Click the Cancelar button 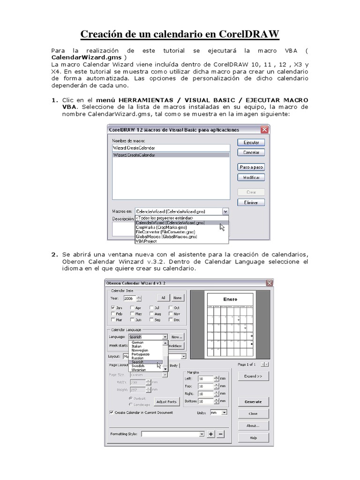(x=251, y=152)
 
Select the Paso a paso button (x=251, y=167)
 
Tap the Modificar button (x=251, y=178)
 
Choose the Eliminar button (x=251, y=202)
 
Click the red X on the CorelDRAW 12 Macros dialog (x=265, y=130)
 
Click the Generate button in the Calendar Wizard (x=253, y=402)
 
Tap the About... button (x=253, y=426)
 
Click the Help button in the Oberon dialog (x=253, y=437)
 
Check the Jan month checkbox (x=113, y=307)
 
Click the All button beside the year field (x=163, y=298)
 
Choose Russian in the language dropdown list (x=138, y=358)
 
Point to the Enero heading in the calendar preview (x=230, y=299)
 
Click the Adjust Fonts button (x=166, y=402)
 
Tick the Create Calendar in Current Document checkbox (x=111, y=412)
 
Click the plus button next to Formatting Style (x=211, y=434)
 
